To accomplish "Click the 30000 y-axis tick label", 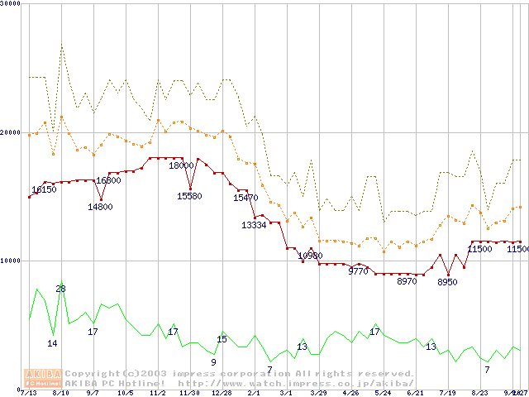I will click(11, 4).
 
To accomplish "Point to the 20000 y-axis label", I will click(11, 132).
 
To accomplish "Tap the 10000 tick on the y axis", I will click(11, 261).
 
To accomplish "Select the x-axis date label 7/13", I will click(28, 392).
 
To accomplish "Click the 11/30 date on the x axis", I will click(189, 392).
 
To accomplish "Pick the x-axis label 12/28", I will click(222, 392).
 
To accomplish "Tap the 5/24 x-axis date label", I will click(383, 392).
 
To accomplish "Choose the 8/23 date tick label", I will click(479, 392).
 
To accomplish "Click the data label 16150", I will click(44, 189).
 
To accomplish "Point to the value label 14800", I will click(100, 207).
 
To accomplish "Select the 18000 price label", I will click(181, 165).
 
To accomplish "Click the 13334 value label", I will click(254, 225).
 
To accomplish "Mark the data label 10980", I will click(310, 256).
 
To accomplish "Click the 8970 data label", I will click(407, 281).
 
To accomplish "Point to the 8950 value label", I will click(447, 282).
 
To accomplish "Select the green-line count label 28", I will click(60, 288).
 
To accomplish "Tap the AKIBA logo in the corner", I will click(43, 378).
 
